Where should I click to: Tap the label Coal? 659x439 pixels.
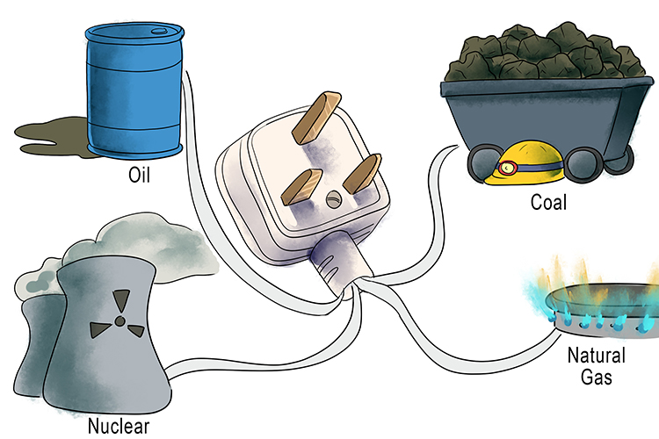pyautogui.click(x=548, y=202)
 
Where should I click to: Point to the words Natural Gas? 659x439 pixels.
pyautogui.click(x=597, y=367)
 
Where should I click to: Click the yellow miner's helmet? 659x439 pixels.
pyautogui.click(x=518, y=165)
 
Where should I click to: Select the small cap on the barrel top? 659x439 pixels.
pyautogui.click(x=156, y=29)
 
